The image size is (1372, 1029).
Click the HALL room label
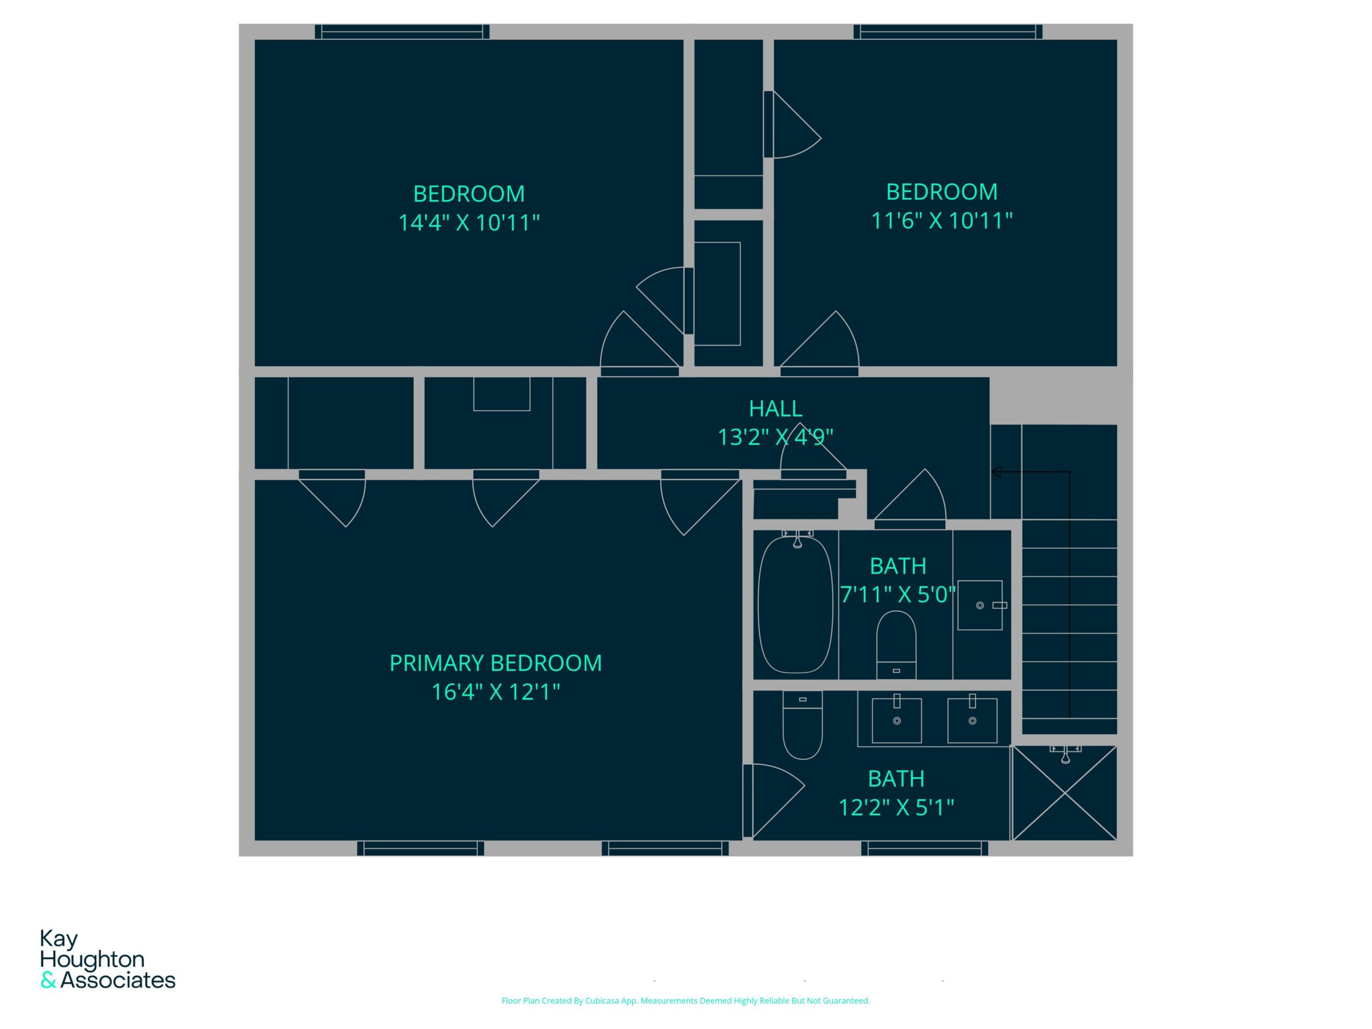(x=776, y=409)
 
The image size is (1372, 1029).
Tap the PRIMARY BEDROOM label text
(x=495, y=663)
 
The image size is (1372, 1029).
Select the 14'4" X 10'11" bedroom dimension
(x=469, y=222)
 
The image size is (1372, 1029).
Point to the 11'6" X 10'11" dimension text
(x=942, y=221)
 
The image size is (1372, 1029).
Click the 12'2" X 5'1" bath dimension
(x=896, y=808)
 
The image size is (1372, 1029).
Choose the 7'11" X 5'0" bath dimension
(x=898, y=595)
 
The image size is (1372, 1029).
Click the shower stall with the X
(x=1064, y=793)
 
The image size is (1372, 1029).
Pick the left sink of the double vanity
(x=896, y=719)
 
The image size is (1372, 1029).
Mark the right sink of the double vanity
(x=972, y=719)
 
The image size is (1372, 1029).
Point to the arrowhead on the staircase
(x=996, y=472)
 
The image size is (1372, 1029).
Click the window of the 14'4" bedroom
(x=402, y=32)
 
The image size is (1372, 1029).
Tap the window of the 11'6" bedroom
(x=948, y=32)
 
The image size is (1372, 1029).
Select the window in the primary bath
(x=924, y=848)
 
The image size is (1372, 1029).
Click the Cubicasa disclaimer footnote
(x=685, y=1001)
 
